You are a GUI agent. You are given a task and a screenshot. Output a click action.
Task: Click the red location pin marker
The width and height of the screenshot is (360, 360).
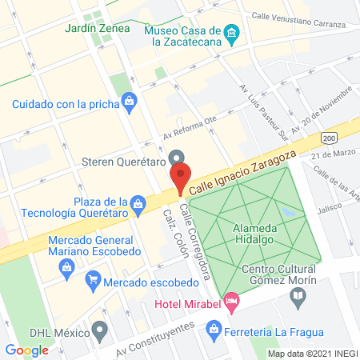tap(180, 178)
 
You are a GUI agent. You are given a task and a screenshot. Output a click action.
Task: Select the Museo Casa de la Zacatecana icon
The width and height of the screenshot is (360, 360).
tap(233, 33)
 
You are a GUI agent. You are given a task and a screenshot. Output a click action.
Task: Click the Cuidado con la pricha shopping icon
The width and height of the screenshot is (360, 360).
tap(128, 102)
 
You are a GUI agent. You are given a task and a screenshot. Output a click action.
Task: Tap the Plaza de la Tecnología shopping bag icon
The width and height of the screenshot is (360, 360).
tap(139, 203)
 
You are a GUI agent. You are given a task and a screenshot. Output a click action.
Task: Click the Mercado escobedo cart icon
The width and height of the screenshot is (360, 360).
tap(93, 280)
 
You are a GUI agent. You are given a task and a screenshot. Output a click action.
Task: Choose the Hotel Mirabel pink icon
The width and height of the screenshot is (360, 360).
tap(232, 302)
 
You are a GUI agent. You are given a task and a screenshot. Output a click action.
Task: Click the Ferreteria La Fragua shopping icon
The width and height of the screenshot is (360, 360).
tap(214, 328)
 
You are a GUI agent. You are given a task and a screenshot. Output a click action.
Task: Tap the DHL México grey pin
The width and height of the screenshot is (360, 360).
tap(99, 330)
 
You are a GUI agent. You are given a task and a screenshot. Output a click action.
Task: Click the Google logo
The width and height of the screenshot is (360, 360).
tap(26, 350)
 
